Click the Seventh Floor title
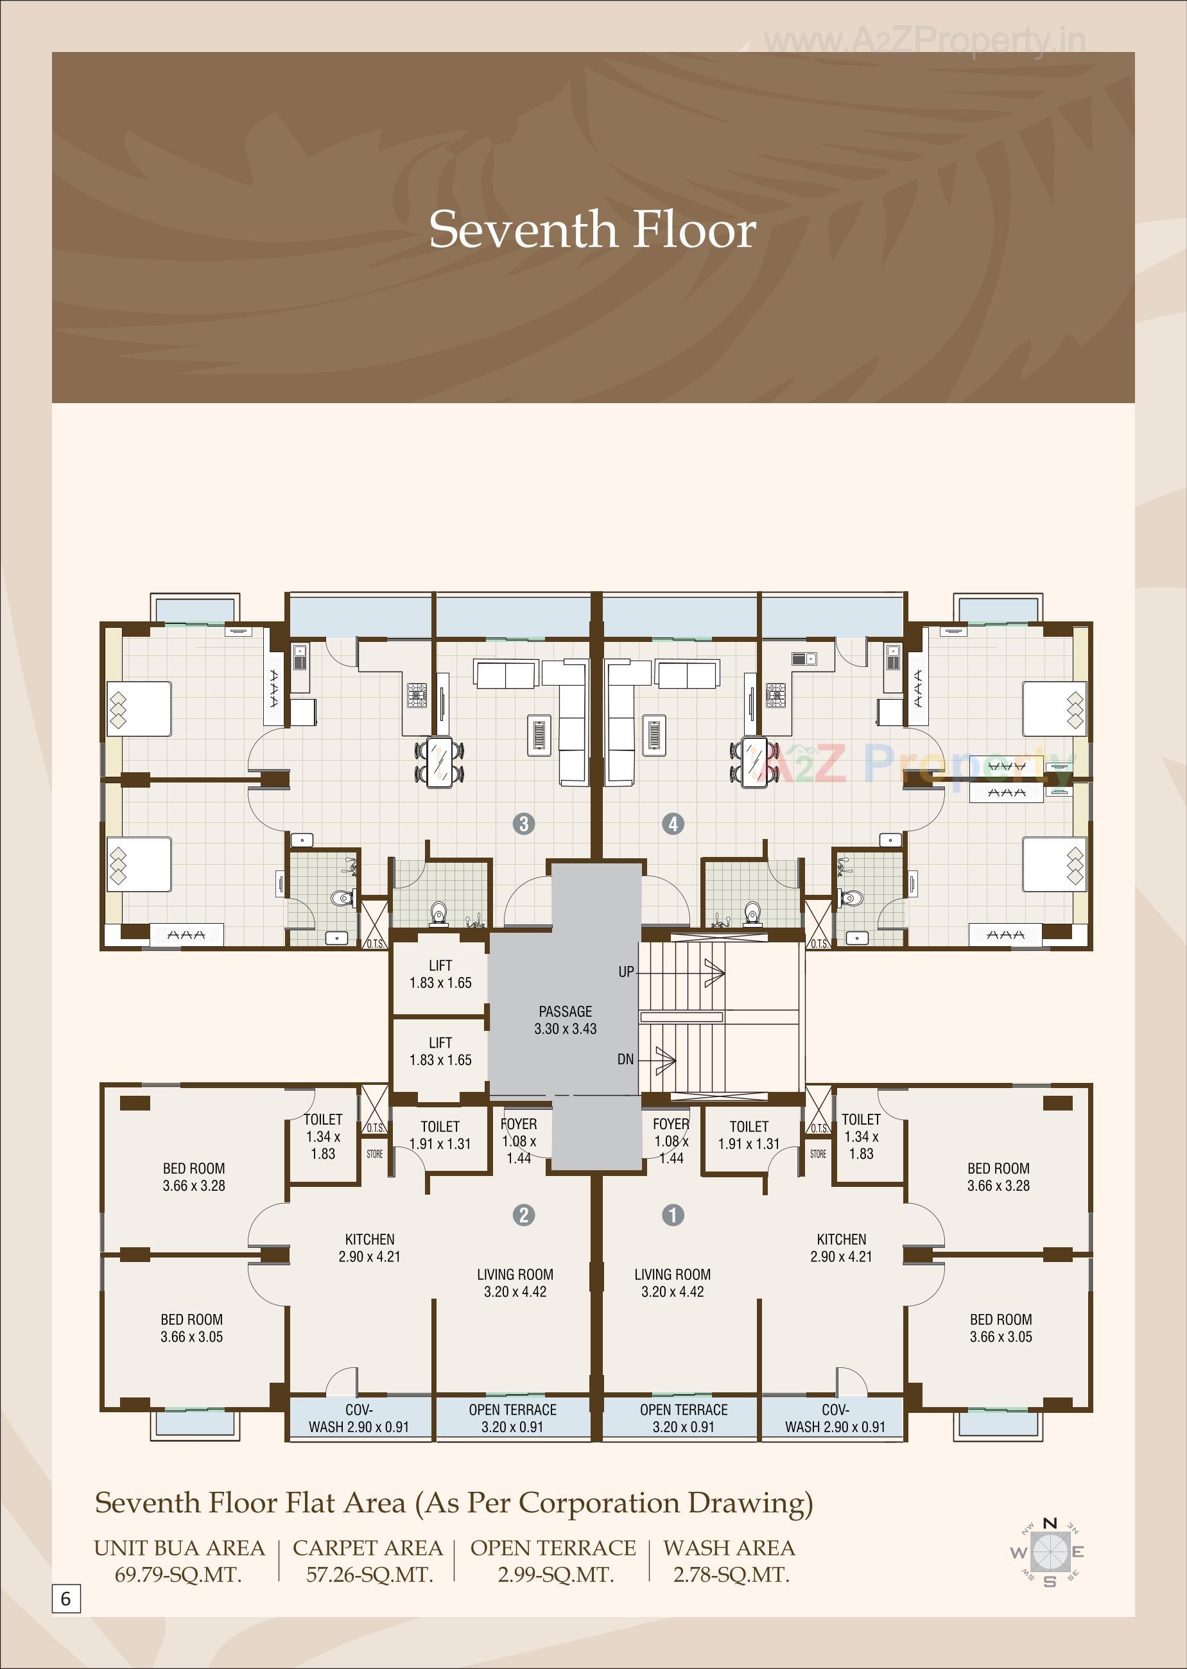pyautogui.click(x=592, y=229)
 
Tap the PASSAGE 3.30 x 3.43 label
pyautogui.click(x=565, y=1020)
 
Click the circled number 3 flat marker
pyautogui.click(x=523, y=824)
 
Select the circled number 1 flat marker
pyautogui.click(x=672, y=1215)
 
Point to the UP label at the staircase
pyautogui.click(x=627, y=972)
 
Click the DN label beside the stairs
pyautogui.click(x=626, y=1059)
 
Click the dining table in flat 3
pyautogui.click(x=440, y=761)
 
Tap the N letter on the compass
pyautogui.click(x=1050, y=1523)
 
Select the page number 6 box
pyautogui.click(x=65, y=1599)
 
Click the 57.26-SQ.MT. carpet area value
pyautogui.click(x=369, y=1575)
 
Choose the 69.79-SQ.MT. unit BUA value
pyautogui.click(x=178, y=1575)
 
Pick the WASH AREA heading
pyautogui.click(x=729, y=1548)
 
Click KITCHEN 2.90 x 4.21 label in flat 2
pyautogui.click(x=369, y=1247)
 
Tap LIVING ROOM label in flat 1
pyautogui.click(x=672, y=1283)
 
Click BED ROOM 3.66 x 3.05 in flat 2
pyautogui.click(x=191, y=1327)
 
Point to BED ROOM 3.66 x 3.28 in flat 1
pyautogui.click(x=998, y=1177)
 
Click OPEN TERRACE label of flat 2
pyautogui.click(x=512, y=1417)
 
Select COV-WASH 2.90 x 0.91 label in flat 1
pyautogui.click(x=835, y=1417)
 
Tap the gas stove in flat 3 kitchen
pyautogui.click(x=417, y=694)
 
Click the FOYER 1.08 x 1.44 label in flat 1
pyautogui.click(x=671, y=1140)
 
